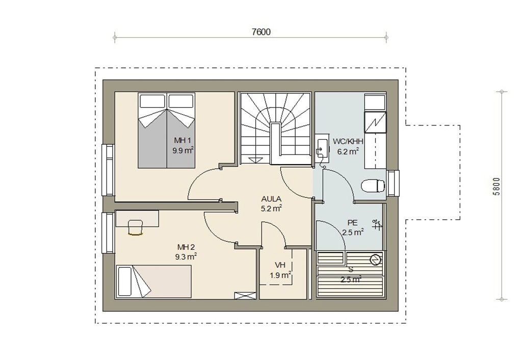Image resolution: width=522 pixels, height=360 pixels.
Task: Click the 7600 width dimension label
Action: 261,32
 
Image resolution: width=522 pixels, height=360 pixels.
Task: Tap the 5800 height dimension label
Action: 497,187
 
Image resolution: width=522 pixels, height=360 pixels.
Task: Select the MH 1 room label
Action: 182,140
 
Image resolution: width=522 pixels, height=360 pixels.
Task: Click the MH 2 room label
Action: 186,247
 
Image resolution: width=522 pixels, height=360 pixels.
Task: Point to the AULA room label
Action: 271,199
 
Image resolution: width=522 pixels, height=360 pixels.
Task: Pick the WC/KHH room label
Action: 348,142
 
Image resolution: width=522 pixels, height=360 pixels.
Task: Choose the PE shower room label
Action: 352,222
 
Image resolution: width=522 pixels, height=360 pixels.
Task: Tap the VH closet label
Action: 280,265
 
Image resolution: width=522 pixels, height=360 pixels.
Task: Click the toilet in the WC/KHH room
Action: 373,186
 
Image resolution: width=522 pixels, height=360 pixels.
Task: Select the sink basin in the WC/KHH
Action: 321,147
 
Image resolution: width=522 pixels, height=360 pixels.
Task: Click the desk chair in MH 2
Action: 135,227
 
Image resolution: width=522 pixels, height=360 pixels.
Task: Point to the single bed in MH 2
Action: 153,281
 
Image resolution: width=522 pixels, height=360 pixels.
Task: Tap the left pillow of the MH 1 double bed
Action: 152,101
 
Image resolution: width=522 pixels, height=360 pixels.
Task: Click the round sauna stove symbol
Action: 375,260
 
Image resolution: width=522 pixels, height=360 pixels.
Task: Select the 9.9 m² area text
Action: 183,150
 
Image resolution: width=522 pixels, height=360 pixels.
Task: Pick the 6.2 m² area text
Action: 348,151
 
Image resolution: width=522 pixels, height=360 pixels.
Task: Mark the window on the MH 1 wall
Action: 108,170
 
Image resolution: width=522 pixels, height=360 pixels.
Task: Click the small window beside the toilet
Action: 393,184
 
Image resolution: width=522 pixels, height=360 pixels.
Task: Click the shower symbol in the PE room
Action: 377,225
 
